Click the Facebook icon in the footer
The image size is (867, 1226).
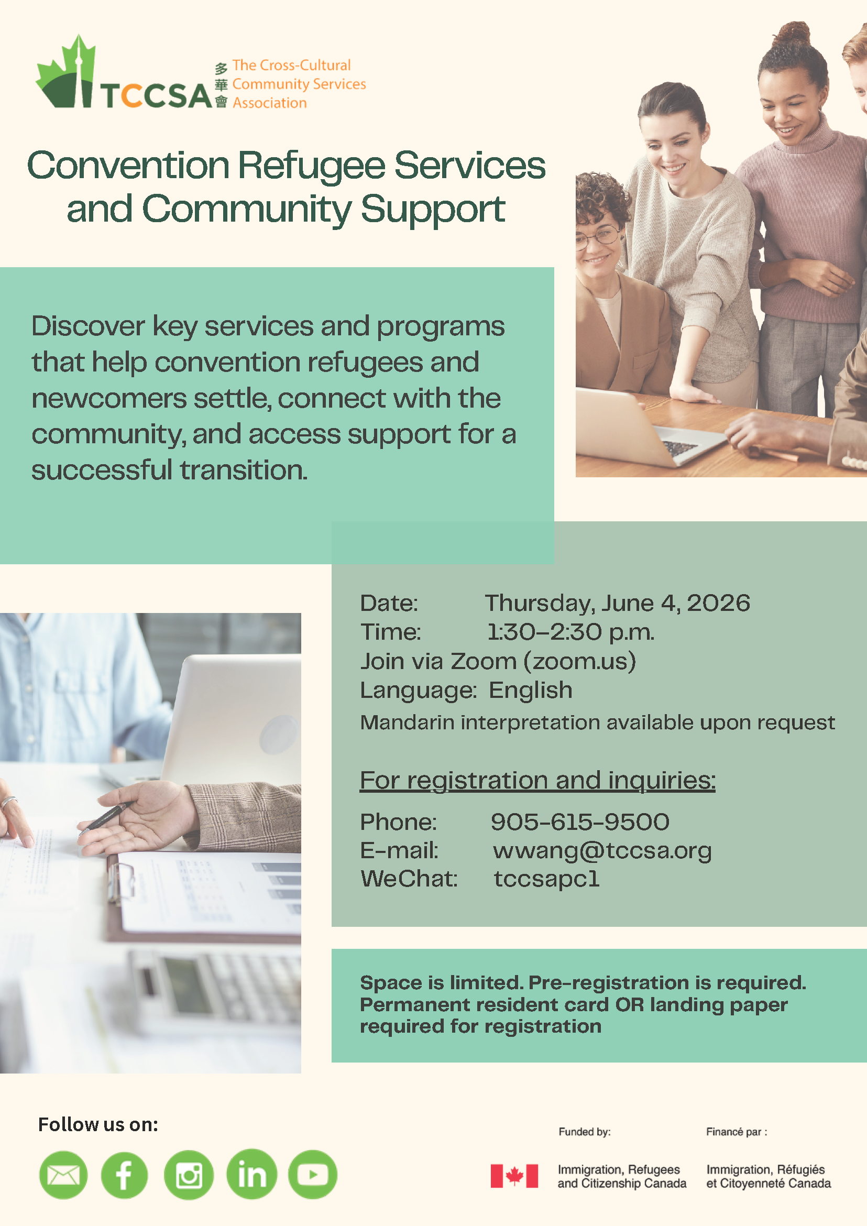[x=124, y=1175]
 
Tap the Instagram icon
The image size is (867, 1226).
[x=189, y=1175]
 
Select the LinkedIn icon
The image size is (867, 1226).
[x=251, y=1174]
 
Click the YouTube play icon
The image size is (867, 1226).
[x=313, y=1174]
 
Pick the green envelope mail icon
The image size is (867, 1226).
[x=63, y=1175]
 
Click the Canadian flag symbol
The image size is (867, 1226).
[x=514, y=1176]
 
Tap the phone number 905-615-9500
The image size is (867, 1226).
[x=580, y=822]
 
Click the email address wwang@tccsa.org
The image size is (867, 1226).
[x=602, y=851]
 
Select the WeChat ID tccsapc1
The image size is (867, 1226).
[x=546, y=879]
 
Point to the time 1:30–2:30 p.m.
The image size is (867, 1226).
[x=570, y=632]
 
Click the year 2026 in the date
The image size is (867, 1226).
[x=718, y=604]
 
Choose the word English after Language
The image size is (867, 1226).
[x=531, y=691]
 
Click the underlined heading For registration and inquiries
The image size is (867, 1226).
[x=537, y=781]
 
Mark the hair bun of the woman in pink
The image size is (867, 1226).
[x=793, y=35]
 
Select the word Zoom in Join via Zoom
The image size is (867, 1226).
[x=484, y=662]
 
